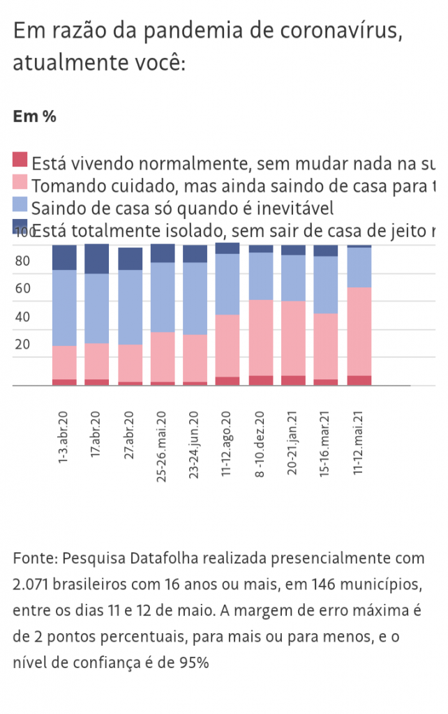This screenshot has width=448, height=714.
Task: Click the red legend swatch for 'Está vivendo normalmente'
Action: tap(20, 160)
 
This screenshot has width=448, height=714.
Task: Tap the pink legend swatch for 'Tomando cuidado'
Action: tap(20, 182)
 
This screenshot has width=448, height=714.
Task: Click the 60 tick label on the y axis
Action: tap(22, 289)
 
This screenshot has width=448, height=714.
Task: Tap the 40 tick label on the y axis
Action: tap(22, 317)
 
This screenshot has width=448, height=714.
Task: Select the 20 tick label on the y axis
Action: tap(22, 344)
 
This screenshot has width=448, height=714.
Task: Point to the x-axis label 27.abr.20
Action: tap(129, 436)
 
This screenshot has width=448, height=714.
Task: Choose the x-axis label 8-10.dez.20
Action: tap(260, 443)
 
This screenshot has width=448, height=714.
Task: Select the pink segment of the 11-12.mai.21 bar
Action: tap(359, 331)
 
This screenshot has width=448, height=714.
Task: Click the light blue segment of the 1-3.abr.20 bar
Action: tap(64, 307)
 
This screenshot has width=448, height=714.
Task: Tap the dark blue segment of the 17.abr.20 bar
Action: tap(97, 259)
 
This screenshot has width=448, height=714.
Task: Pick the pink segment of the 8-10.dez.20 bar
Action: tap(261, 337)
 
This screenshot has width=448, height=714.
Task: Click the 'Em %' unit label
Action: tap(35, 116)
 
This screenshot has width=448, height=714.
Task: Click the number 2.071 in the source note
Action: tap(30, 584)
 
